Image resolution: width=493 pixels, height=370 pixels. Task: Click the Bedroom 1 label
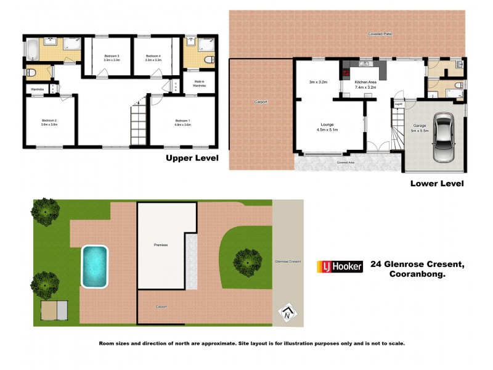pyautogui.click(x=182, y=120)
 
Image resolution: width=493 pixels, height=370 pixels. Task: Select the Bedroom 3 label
pyautogui.click(x=108, y=57)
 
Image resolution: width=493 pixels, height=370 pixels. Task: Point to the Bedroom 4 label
pyautogui.click(x=153, y=57)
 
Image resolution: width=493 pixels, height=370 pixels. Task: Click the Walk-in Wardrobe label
pyautogui.click(x=199, y=84)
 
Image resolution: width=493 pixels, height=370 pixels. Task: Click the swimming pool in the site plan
pyautogui.click(x=95, y=266)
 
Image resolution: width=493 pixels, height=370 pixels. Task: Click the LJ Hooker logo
pyautogui.click(x=340, y=266)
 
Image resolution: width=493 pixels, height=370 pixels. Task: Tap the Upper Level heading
pyautogui.click(x=192, y=158)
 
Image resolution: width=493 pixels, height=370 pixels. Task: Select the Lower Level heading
pyautogui.click(x=437, y=183)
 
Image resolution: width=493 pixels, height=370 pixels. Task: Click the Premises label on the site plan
pyautogui.click(x=161, y=245)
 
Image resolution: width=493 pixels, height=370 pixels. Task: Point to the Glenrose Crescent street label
pyautogui.click(x=288, y=262)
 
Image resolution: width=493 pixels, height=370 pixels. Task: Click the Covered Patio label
pyautogui.click(x=380, y=33)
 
